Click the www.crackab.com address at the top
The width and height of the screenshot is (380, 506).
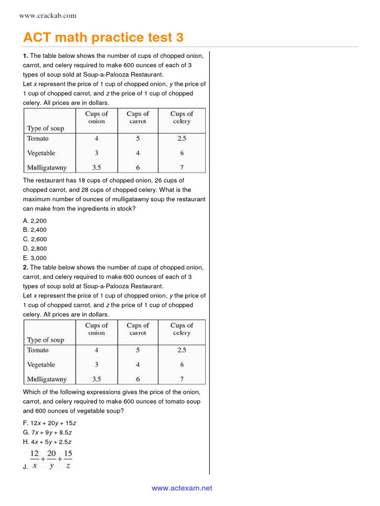click(47, 16)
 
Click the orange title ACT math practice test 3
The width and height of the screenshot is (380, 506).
click(103, 38)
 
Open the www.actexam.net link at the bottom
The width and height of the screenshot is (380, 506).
click(182, 488)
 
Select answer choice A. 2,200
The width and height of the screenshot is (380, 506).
click(35, 221)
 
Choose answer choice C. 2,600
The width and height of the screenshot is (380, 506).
click(35, 239)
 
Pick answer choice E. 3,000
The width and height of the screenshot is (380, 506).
click(35, 258)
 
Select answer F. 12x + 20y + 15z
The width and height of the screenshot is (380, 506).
click(49, 423)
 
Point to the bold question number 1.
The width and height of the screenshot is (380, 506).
click(25, 56)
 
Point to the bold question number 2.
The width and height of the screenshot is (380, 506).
click(25, 267)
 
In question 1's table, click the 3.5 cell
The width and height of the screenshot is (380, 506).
click(96, 168)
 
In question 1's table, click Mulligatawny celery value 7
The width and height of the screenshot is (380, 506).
click(182, 168)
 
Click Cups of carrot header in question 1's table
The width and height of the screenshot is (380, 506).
click(138, 118)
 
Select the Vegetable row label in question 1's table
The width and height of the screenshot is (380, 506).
click(41, 153)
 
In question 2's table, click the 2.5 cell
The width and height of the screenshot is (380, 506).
click(182, 350)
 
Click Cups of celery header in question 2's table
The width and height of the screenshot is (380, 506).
click(182, 329)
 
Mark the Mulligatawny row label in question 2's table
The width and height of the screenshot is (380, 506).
click(47, 379)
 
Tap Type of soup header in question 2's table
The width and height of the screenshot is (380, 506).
click(46, 340)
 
